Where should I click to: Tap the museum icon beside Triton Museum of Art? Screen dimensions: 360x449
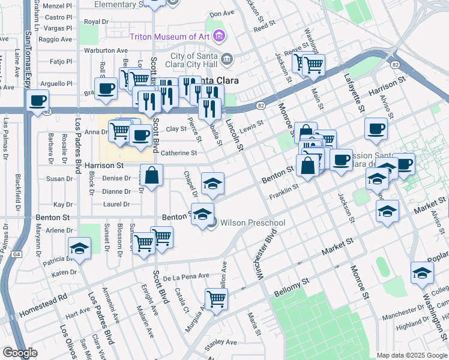[219, 36]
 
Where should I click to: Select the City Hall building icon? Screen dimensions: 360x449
[226, 58]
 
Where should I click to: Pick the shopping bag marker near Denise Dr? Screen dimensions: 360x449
[152, 176]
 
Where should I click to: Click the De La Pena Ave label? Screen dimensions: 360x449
[185, 277]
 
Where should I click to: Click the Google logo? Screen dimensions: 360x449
[20, 353]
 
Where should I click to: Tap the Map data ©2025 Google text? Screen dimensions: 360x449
[411, 355]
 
